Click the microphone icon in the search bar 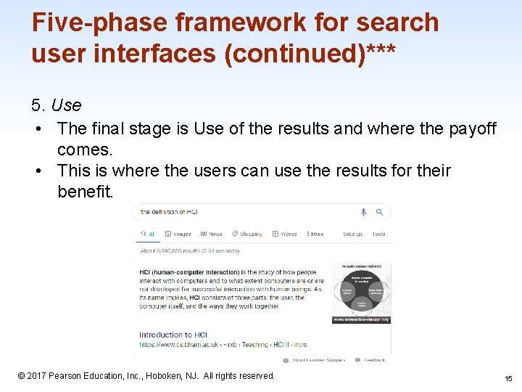[363, 212]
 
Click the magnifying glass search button [379, 212]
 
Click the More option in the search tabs [315, 234]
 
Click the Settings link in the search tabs [352, 234]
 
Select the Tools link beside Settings [378, 234]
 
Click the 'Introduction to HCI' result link [173, 335]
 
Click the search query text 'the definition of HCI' [169, 212]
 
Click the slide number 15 [507, 377]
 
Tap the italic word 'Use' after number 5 [67, 105]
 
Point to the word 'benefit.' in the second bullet [86, 192]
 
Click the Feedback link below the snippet [375, 359]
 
